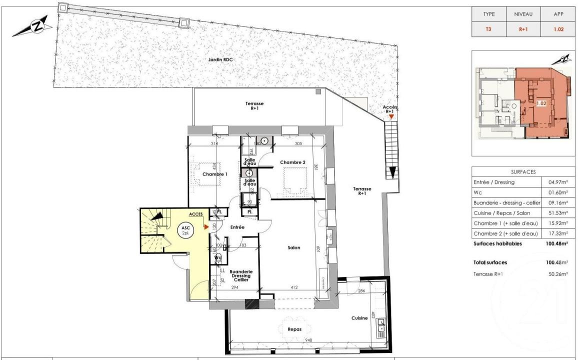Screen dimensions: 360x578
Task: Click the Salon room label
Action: [x=294, y=247]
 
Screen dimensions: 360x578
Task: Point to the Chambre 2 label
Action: [x=292, y=162]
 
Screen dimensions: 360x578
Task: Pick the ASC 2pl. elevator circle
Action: [x=184, y=230]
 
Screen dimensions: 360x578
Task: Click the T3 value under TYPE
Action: [x=488, y=29]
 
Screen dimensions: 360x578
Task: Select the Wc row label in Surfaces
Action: [x=477, y=192]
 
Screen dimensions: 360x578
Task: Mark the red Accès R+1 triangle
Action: [x=391, y=116]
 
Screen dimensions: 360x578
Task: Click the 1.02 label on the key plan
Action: [x=541, y=104]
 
